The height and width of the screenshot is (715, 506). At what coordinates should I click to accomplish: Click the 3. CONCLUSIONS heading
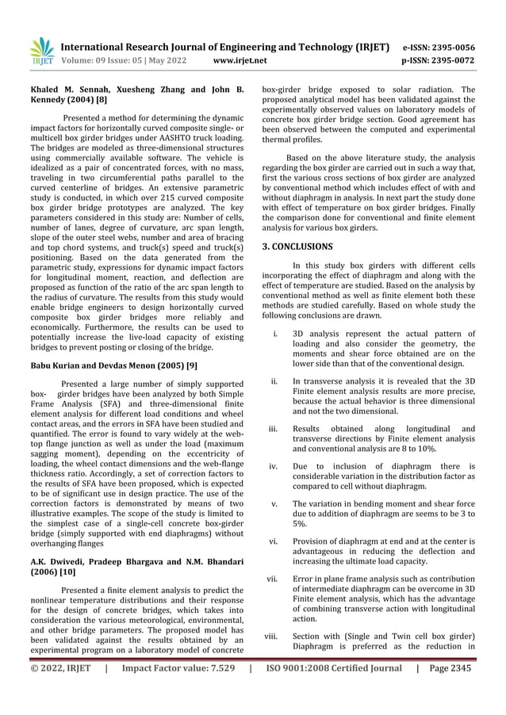pos(297,247)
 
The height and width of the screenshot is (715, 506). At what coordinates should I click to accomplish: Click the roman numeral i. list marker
pos(274,334)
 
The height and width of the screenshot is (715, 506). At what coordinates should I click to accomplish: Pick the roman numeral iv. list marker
pos(274,467)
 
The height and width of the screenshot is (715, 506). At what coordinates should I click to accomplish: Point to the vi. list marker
pos(273,540)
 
